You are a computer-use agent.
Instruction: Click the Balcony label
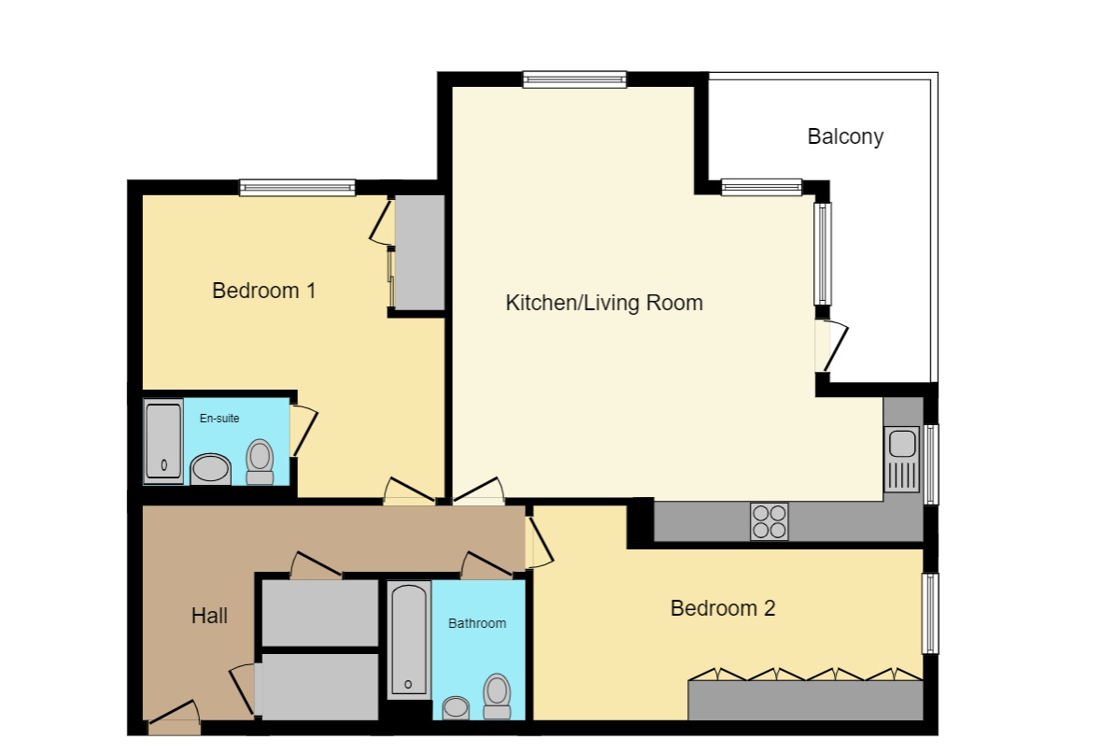(844, 136)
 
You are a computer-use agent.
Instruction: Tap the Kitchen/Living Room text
(603, 303)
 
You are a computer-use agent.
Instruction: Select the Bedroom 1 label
(263, 291)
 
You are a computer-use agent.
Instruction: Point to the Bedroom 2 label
(723, 608)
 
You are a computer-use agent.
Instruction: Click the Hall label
(209, 616)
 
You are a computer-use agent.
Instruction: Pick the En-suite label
(219, 419)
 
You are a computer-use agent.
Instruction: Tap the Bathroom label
(477, 623)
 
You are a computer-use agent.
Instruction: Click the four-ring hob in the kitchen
(769, 521)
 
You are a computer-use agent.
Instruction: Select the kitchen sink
(902, 458)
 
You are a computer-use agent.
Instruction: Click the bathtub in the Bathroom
(409, 640)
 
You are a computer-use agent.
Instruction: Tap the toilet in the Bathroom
(497, 696)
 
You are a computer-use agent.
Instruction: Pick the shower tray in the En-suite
(163, 441)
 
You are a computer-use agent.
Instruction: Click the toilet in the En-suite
(260, 462)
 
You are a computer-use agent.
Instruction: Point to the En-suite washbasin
(210, 469)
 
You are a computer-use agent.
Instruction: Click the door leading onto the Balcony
(829, 346)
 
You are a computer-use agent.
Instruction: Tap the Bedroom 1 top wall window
(297, 188)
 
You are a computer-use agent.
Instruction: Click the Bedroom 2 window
(929, 614)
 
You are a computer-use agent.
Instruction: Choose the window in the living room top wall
(573, 79)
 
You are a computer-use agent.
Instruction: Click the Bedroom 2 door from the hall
(538, 544)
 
